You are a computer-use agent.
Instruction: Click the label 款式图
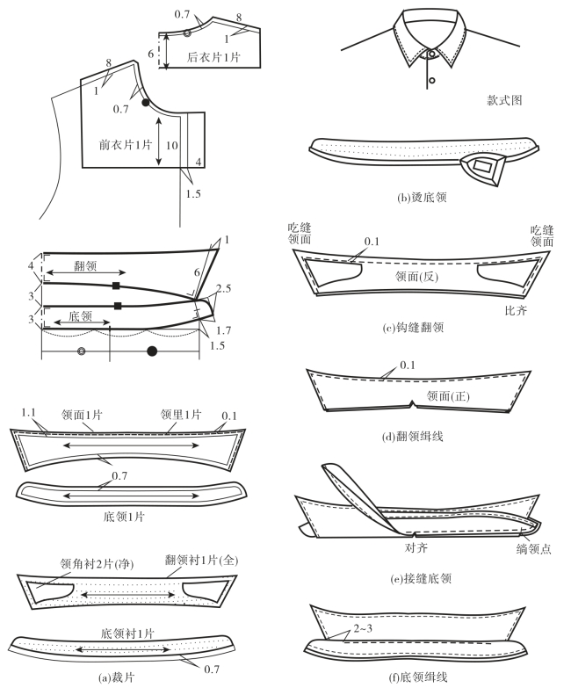click(504, 100)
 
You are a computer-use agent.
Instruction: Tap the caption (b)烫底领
click(422, 197)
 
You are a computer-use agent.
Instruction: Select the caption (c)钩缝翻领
click(413, 328)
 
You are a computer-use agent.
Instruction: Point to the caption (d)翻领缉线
click(413, 437)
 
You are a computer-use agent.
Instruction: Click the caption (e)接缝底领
click(421, 578)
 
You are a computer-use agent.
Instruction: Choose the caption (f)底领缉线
click(418, 677)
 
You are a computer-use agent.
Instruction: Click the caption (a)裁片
click(116, 677)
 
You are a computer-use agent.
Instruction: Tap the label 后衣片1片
click(213, 57)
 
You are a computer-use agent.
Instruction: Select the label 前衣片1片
click(125, 144)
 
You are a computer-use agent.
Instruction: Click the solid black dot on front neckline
click(146, 103)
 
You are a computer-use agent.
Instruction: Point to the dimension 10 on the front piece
click(172, 145)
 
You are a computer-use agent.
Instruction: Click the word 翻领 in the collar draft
click(85, 266)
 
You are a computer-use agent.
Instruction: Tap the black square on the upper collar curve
click(116, 286)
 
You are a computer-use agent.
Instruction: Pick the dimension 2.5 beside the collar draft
click(223, 288)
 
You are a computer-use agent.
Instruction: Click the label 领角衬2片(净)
click(97, 564)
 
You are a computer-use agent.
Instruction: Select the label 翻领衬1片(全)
click(202, 560)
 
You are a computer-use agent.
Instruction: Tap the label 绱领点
click(534, 549)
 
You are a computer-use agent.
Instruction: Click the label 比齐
click(516, 310)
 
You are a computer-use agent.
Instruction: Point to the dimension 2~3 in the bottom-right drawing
click(363, 628)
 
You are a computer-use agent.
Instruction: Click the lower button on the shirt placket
click(432, 81)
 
